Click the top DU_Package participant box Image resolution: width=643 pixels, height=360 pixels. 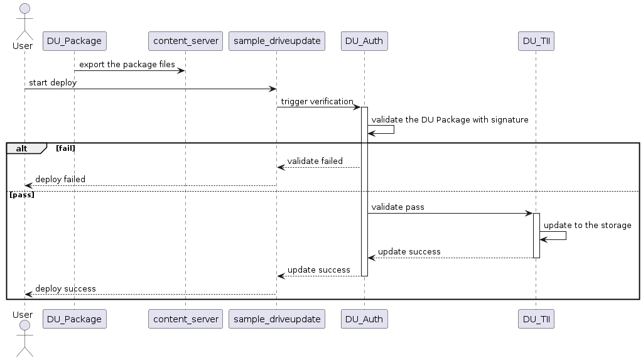pyautogui.click(x=74, y=41)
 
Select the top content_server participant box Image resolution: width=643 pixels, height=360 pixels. pyautogui.click(x=185, y=41)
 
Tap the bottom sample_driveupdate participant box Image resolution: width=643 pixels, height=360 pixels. pyautogui.click(x=276, y=319)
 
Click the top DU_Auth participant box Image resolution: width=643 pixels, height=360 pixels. pyautogui.click(x=364, y=41)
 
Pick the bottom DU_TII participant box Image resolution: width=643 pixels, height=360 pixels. pyautogui.click(x=536, y=319)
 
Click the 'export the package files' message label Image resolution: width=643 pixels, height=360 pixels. pyautogui.click(x=127, y=65)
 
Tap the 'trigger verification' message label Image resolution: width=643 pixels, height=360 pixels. pyautogui.click(x=316, y=101)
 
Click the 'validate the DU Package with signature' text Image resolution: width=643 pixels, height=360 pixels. pyautogui.click(x=450, y=119)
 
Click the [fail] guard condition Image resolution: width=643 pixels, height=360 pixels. pyautogui.click(x=66, y=148)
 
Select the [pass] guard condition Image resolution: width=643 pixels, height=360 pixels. pyautogui.click(x=22, y=195)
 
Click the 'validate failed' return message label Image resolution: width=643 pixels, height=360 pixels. pyautogui.click(x=315, y=161)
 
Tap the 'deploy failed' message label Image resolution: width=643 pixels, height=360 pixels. pyautogui.click(x=60, y=179)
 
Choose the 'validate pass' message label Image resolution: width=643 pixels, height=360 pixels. pyautogui.click(x=397, y=207)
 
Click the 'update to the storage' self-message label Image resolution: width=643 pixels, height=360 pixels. pyautogui.click(x=587, y=225)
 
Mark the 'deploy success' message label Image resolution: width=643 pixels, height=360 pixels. pyautogui.click(x=65, y=288)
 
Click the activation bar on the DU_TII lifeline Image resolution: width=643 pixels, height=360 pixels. pyautogui.click(x=536, y=235)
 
